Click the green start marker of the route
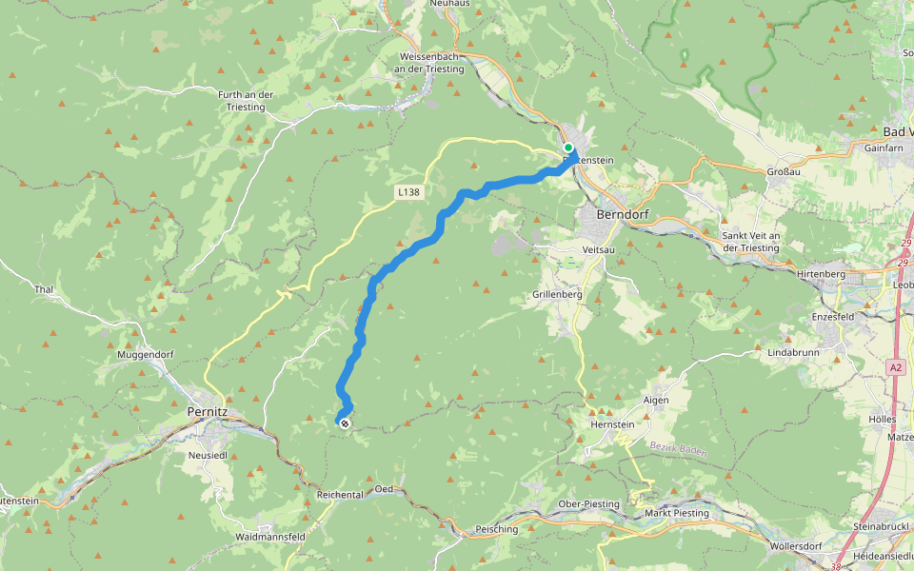point(568,148)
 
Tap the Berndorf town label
point(622,214)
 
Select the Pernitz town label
point(208,412)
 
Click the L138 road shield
point(408,192)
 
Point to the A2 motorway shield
point(896,366)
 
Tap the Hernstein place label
point(611,424)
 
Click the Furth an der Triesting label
point(247,101)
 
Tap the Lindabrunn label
point(794,352)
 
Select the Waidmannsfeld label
point(270,538)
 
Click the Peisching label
point(496,529)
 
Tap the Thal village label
point(43,289)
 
